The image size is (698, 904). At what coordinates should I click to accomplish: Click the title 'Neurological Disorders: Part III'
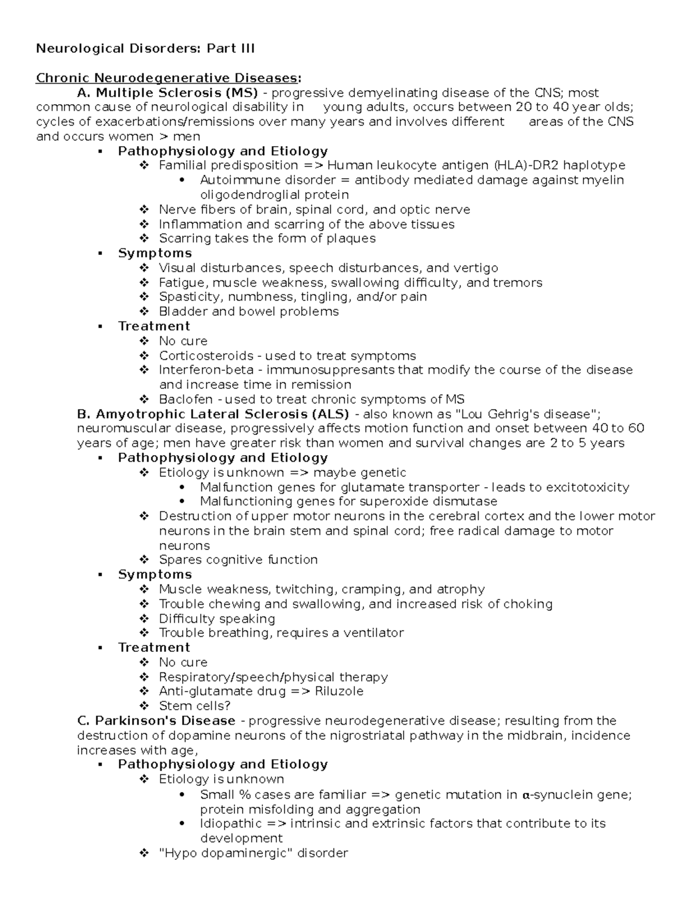click(x=145, y=48)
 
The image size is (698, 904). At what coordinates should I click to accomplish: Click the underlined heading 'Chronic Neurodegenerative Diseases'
click(x=168, y=78)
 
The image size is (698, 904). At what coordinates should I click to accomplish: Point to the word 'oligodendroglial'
click(x=250, y=194)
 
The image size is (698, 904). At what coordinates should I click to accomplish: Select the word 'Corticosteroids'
click(x=206, y=356)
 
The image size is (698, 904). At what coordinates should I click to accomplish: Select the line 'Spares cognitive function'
click(x=238, y=560)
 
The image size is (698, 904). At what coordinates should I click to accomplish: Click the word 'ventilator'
click(x=373, y=633)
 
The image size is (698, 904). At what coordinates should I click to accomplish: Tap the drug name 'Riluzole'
click(x=339, y=692)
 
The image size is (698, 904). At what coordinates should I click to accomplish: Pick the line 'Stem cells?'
click(x=194, y=706)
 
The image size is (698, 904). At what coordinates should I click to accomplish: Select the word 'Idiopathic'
click(x=231, y=824)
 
